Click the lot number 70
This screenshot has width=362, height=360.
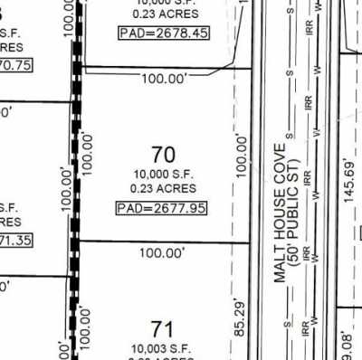[165, 156]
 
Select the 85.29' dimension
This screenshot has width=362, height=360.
[240, 318]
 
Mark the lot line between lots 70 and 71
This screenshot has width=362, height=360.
[163, 242]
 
